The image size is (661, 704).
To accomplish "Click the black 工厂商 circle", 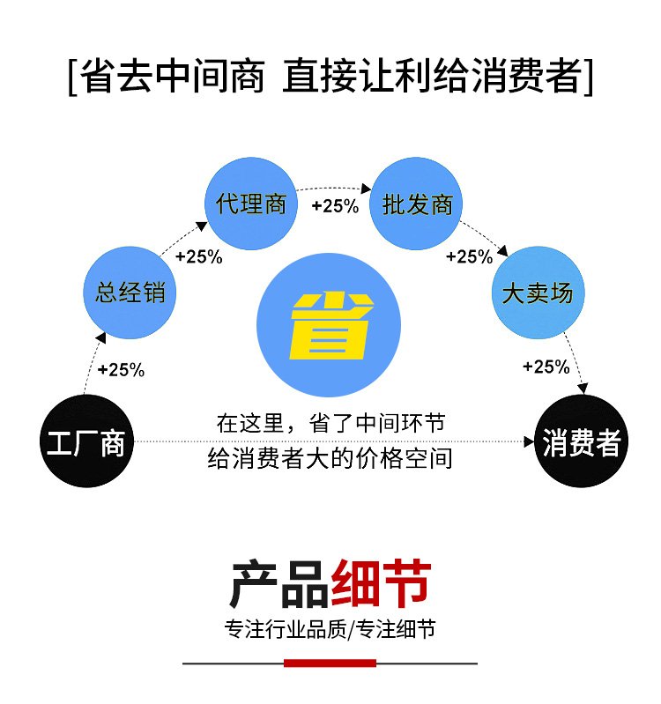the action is tap(87, 441).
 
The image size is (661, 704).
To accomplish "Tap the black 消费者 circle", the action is tap(582, 441).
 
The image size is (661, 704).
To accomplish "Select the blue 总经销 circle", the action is tap(130, 293).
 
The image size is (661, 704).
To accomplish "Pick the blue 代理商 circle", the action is tap(251, 204).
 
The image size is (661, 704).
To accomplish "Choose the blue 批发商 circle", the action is tap(416, 204).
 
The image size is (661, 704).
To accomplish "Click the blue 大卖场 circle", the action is tap(538, 293).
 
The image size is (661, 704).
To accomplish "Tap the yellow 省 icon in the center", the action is tap(332, 325).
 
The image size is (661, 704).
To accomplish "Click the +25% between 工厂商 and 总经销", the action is tap(122, 370).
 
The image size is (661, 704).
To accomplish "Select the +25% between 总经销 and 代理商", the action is tap(199, 256).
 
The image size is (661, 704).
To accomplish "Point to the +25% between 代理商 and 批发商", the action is tap(336, 206).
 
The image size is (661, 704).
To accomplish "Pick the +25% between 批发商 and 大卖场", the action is tap(469, 256).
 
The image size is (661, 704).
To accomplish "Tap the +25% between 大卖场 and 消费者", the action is tap(546, 367).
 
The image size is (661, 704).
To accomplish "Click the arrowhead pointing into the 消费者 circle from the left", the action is tap(530, 441).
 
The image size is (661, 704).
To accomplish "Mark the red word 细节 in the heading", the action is tap(382, 583).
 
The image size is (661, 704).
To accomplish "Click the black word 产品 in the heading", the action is tap(279, 583).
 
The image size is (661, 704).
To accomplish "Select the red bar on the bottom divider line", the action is tap(330, 663).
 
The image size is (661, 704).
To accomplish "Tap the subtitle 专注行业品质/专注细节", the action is tap(330, 629).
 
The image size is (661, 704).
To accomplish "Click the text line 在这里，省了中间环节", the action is tap(331, 424).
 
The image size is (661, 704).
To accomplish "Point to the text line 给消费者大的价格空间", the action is tap(330, 459).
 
